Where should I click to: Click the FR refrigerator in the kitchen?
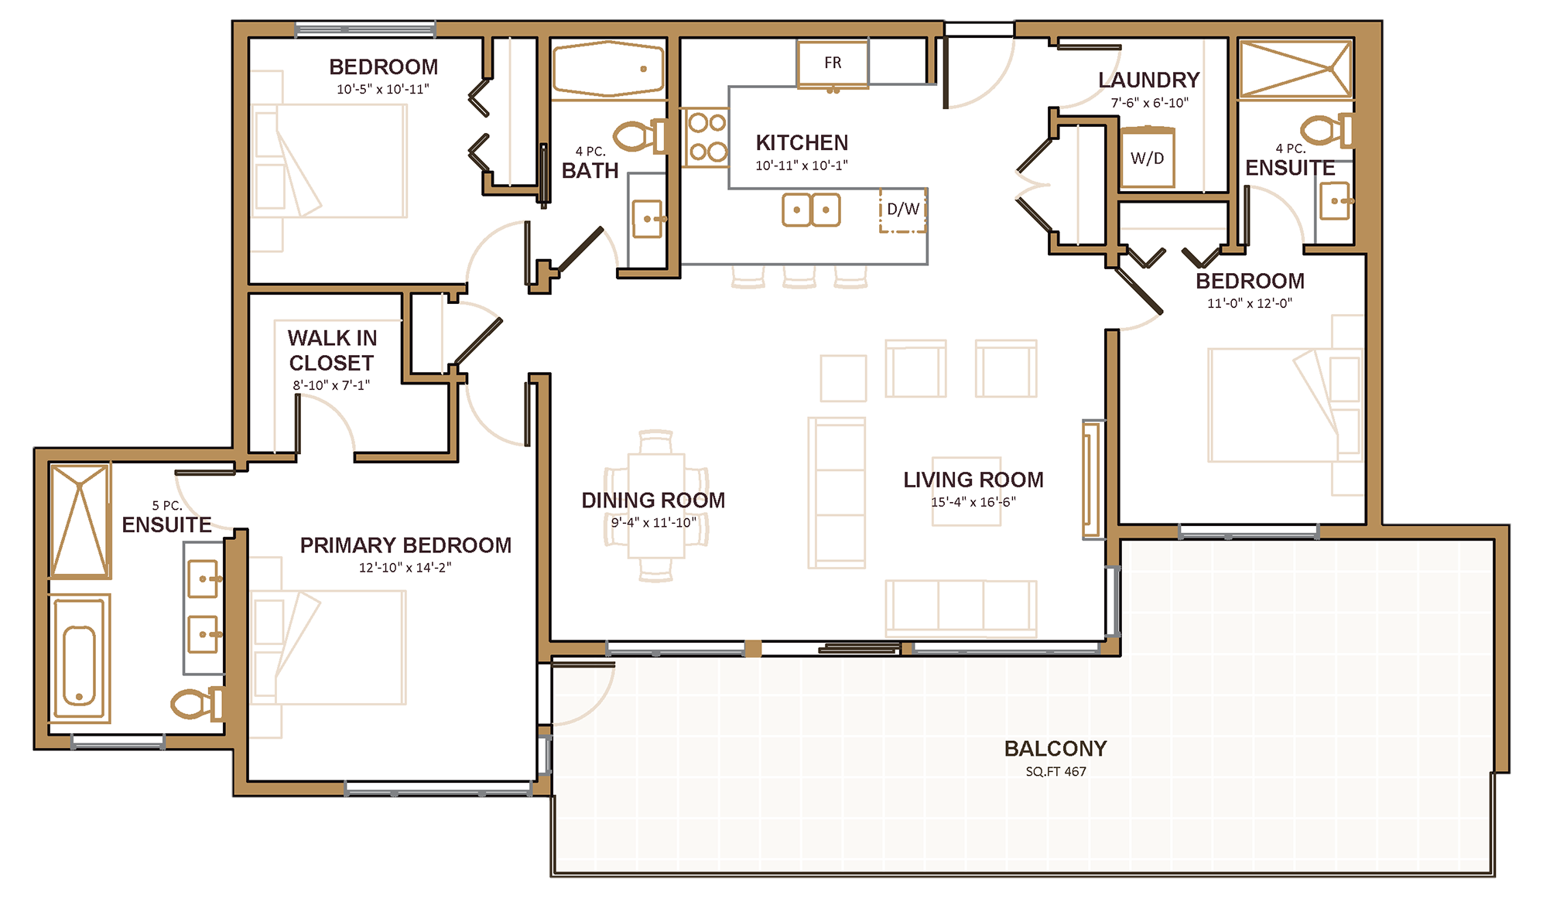833,63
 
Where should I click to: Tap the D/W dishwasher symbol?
903,210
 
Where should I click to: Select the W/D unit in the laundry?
1148,157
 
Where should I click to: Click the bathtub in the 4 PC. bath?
609,70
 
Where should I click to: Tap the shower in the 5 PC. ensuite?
80,520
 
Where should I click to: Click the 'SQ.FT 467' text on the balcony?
1055,772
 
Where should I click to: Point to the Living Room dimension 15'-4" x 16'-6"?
973,502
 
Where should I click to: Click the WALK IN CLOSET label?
332,350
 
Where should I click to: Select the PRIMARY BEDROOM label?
405,545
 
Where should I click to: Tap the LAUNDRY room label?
1149,80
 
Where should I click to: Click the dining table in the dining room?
656,506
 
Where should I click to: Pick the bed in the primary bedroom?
328,647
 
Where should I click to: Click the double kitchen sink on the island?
811,210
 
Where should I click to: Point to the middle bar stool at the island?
799,277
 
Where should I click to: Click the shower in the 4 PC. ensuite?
1296,70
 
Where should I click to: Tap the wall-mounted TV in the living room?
1092,480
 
